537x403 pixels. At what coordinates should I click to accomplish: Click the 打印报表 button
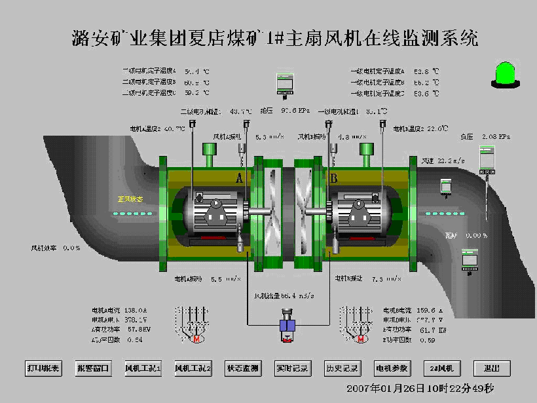point(43,368)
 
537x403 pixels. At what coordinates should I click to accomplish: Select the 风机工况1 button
point(143,368)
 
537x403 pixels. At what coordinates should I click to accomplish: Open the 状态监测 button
point(242,368)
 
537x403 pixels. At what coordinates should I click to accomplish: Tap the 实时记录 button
point(292,368)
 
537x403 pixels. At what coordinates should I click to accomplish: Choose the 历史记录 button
point(342,368)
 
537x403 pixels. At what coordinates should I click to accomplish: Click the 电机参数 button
point(392,368)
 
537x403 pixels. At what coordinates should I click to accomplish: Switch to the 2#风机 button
point(441,368)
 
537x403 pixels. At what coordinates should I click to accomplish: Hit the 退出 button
point(491,368)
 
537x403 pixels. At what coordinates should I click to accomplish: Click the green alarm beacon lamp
point(505,73)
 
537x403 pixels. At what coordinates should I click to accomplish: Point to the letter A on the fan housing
point(240,178)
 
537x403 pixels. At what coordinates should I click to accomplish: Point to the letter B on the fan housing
point(334,178)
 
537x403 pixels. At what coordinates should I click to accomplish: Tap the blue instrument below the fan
point(287,326)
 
